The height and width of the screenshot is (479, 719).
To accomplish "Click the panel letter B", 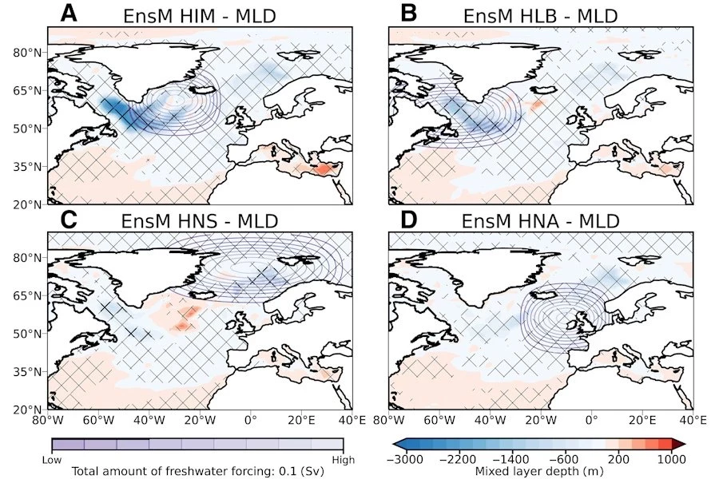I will pyautogui.click(x=407, y=14).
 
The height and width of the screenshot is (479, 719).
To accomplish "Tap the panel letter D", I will pyautogui.click(x=407, y=218).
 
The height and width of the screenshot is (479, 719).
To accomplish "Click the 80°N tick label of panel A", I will pyautogui.click(x=28, y=53).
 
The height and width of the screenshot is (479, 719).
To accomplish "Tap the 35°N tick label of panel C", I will pyautogui.click(x=28, y=371).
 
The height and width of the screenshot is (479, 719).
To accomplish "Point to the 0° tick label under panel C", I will pyautogui.click(x=250, y=421).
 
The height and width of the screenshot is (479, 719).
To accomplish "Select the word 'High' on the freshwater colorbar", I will pyautogui.click(x=344, y=459).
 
